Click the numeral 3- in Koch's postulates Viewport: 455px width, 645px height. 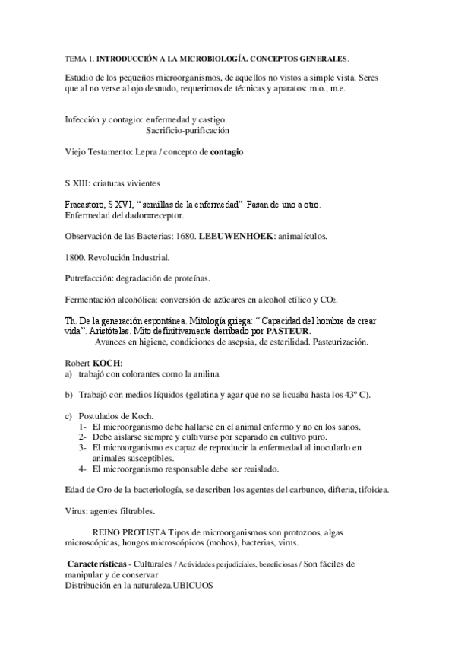83,448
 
